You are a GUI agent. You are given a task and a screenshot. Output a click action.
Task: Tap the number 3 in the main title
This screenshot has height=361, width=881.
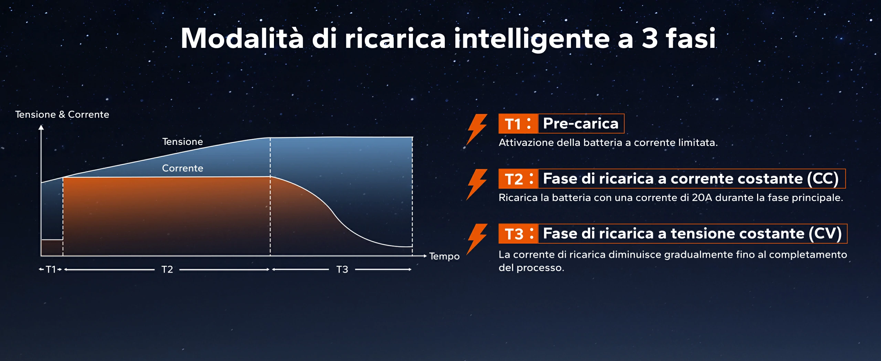650,38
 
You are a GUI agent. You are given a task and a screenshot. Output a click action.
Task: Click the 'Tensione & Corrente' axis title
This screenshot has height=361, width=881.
62,114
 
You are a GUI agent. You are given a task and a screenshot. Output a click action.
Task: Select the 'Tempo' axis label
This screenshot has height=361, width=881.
444,256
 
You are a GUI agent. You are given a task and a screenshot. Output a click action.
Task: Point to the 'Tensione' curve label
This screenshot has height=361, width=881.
182,141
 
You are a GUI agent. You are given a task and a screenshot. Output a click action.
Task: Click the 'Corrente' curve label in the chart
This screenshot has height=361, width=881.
182,168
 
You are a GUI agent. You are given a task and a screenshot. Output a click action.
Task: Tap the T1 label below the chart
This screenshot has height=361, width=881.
51,269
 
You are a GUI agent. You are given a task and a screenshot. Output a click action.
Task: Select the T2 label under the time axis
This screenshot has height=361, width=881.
167,269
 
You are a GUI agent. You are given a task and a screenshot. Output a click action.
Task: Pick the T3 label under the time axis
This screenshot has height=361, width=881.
342,269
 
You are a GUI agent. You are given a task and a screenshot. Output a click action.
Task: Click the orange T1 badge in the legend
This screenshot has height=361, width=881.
518,124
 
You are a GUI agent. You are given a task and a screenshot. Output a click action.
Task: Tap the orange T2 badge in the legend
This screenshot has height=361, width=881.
518,179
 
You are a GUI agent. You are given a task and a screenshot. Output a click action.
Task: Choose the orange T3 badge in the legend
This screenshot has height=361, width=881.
518,234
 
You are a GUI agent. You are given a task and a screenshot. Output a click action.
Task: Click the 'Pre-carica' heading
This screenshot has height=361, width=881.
581,123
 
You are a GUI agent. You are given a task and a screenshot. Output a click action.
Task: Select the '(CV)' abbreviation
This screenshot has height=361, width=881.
825,234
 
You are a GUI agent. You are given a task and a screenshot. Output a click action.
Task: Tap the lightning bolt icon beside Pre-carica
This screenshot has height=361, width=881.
477,129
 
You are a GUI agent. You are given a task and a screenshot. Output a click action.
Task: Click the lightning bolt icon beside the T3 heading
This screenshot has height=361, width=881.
477,239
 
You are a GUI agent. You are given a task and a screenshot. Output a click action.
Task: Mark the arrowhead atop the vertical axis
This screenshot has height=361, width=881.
41,127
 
